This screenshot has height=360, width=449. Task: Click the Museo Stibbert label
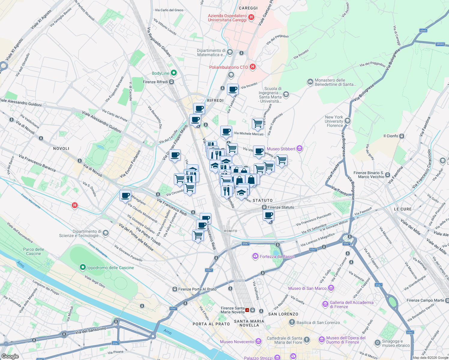(281, 149)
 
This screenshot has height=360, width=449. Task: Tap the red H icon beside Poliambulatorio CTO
(253, 67)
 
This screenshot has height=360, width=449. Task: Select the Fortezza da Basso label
(277, 256)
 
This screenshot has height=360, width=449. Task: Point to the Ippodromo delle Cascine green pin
(83, 267)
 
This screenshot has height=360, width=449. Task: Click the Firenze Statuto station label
(281, 207)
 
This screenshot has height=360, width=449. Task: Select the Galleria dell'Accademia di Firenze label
(351, 304)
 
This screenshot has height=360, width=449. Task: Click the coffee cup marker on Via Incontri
(233, 89)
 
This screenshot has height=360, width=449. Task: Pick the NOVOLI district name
(61, 148)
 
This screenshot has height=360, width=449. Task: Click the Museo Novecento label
(237, 342)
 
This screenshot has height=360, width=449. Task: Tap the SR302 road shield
(440, 44)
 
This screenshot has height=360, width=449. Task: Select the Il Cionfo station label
(391, 136)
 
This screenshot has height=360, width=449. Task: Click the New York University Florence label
(334, 121)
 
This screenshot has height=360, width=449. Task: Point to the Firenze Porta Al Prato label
(197, 289)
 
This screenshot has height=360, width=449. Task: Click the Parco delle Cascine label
(34, 251)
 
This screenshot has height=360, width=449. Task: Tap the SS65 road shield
(423, 31)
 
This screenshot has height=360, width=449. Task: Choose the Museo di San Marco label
(307, 288)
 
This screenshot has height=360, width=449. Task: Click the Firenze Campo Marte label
(425, 300)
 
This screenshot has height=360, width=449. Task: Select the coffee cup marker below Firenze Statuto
(269, 215)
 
